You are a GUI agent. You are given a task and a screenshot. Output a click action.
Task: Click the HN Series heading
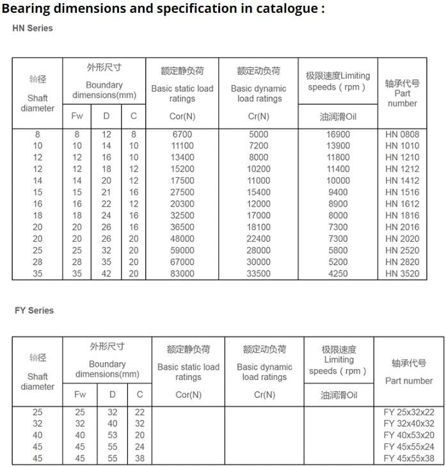point(33,28)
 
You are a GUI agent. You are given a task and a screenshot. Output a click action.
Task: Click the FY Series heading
point(34,310)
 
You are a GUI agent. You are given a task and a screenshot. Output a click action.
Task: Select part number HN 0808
point(402,134)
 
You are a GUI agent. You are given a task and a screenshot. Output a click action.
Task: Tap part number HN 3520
point(402,274)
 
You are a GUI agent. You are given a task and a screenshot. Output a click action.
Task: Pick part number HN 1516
point(402,192)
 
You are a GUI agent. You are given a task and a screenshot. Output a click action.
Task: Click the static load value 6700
point(182,134)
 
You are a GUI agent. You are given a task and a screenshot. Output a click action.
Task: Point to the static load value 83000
point(182,274)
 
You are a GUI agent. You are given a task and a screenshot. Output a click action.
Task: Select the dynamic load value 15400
point(259,192)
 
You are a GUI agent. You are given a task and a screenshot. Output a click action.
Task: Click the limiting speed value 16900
point(338,134)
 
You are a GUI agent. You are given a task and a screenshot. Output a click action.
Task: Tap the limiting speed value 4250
point(338,274)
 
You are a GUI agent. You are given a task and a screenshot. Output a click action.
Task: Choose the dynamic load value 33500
point(259,274)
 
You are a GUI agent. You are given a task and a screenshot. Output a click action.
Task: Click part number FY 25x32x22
point(409,412)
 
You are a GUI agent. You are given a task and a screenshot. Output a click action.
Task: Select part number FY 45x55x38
point(409,458)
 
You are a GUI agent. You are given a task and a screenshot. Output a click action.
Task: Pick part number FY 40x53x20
point(409,435)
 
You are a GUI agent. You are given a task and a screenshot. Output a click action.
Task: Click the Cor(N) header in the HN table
point(182,116)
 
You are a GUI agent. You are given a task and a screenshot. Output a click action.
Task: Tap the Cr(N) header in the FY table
point(264,395)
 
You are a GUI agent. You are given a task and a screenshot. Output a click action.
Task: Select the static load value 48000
point(182,239)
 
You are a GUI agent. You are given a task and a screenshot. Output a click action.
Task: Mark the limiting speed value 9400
point(338,192)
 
